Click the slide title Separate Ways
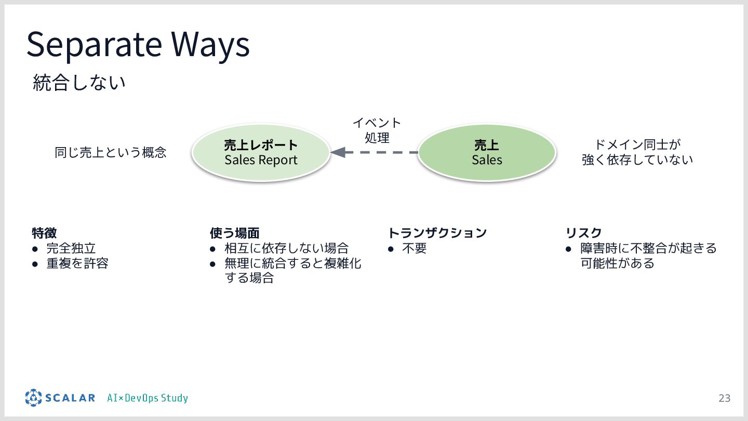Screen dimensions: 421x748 (x=138, y=45)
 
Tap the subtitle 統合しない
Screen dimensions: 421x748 (x=79, y=83)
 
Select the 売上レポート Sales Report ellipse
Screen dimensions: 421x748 (x=261, y=152)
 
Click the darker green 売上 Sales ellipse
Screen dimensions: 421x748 (x=487, y=152)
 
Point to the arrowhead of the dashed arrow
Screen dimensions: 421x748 (x=337, y=152)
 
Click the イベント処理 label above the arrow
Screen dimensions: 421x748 (x=377, y=130)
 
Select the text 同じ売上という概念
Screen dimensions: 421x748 (x=111, y=152)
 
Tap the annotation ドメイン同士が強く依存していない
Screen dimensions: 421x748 (x=637, y=152)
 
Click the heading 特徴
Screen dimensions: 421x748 (x=44, y=232)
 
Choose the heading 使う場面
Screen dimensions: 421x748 (x=234, y=232)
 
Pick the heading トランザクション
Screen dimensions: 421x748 (x=437, y=232)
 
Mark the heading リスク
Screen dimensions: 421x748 (x=583, y=232)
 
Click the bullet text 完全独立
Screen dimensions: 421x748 (x=71, y=248)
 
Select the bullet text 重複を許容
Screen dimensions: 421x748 (x=77, y=264)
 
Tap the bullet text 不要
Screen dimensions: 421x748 (x=414, y=248)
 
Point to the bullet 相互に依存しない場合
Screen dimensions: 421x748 (x=286, y=248)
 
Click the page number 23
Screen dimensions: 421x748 (x=724, y=398)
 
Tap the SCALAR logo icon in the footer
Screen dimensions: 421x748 (x=33, y=398)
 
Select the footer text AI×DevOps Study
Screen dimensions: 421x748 (x=148, y=398)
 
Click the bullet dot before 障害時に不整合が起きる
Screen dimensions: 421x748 (x=569, y=249)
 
